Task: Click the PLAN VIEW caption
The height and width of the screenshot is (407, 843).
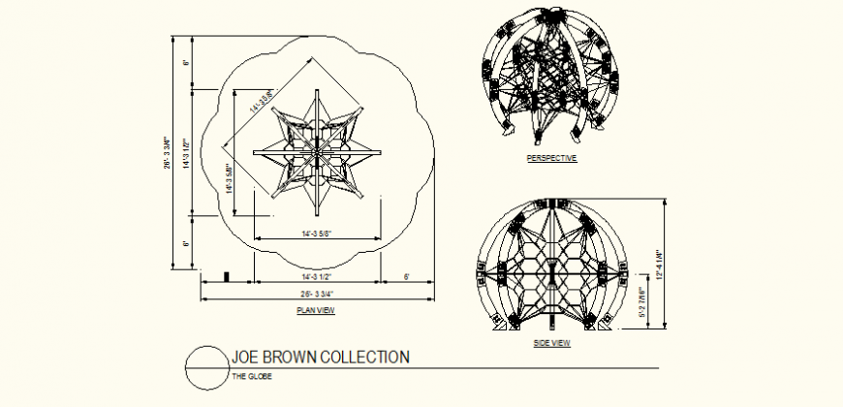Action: click(x=316, y=311)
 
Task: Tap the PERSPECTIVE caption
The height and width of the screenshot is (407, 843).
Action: click(x=551, y=158)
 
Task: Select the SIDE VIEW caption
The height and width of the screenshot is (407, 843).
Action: click(x=551, y=343)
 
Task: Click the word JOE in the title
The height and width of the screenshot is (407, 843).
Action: click(x=245, y=358)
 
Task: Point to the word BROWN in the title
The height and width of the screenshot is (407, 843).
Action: click(x=290, y=358)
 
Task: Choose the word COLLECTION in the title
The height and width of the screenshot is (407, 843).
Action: click(x=364, y=358)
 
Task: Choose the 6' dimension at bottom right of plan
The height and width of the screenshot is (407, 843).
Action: click(x=406, y=277)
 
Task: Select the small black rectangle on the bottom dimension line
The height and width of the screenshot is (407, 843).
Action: click(x=227, y=277)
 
